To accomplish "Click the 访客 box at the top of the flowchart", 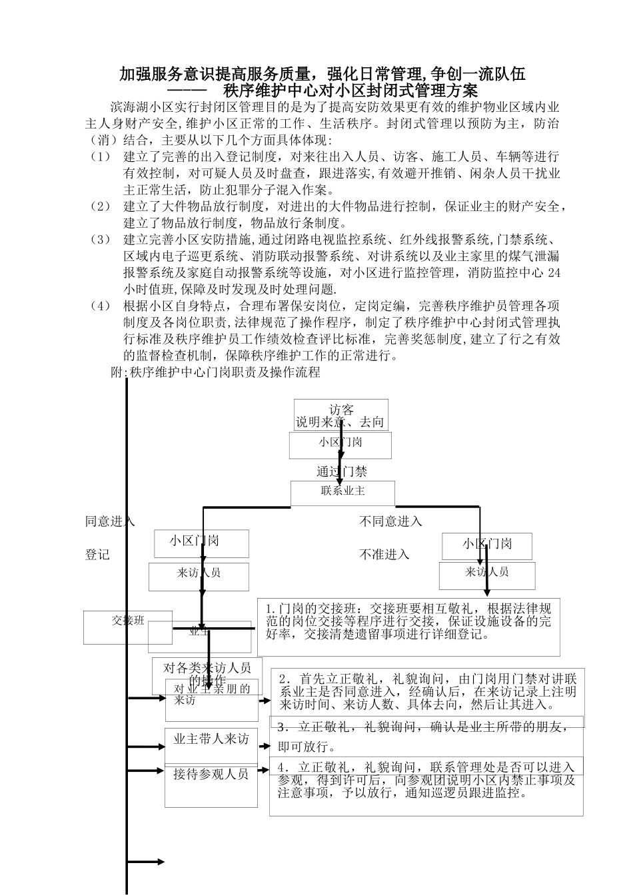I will point(340,415).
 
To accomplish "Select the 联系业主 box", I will point(342,492).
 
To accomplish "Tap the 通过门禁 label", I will point(342,471).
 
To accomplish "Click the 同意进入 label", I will point(110,521).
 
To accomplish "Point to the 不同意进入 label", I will point(390,521).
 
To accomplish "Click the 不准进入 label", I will point(384,554).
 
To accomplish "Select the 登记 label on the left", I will point(97,554).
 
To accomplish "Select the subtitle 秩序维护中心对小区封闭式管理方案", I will point(350,90).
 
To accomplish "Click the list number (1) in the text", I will point(101,157).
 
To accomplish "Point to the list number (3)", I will point(101,240).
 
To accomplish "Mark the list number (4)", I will point(101,306).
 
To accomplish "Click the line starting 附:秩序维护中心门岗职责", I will point(215,372).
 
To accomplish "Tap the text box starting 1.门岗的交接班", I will point(408,626).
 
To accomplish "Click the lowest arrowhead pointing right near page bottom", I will point(161,862).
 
